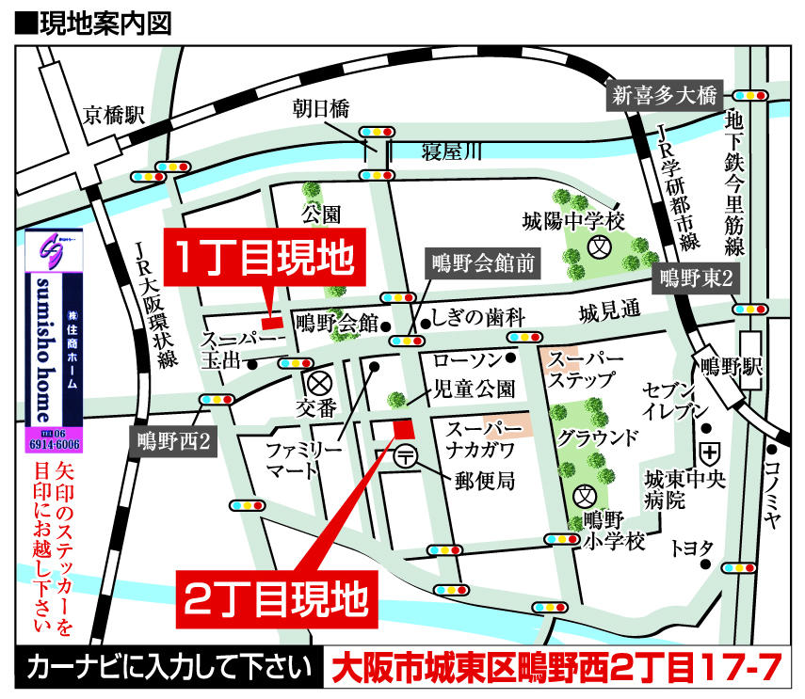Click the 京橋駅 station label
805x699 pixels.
pyautogui.click(x=114, y=115)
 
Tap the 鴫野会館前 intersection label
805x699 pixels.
pyautogui.click(x=483, y=264)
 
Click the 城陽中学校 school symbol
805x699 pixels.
pyautogui.click(x=597, y=247)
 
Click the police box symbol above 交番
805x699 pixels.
pyautogui.click(x=317, y=384)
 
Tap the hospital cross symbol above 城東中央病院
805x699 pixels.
pyautogui.click(x=709, y=452)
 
